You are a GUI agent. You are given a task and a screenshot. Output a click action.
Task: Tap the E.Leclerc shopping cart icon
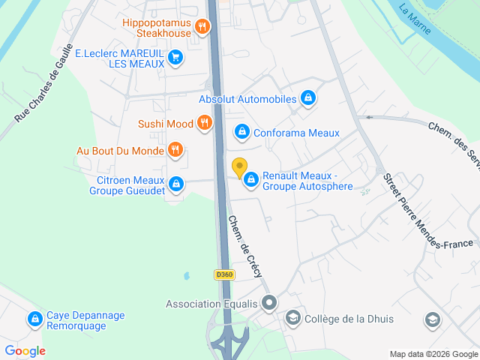(x=175, y=57)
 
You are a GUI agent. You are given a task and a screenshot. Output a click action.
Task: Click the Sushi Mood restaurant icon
(x=203, y=124)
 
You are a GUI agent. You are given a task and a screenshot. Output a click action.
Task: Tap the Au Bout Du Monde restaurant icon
(x=175, y=150)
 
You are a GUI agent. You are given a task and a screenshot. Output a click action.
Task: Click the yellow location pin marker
(x=239, y=168)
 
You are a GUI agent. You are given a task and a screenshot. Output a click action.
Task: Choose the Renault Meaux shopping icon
(x=250, y=180)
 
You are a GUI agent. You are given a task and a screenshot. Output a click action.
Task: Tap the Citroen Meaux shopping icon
(x=175, y=184)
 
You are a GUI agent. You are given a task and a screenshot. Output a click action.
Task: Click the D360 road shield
(x=224, y=275)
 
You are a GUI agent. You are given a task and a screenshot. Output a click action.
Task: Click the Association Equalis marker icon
(x=271, y=304)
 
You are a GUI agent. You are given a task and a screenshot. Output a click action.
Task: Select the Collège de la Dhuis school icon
(x=292, y=319)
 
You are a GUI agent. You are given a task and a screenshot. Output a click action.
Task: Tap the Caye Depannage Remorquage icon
(x=34, y=320)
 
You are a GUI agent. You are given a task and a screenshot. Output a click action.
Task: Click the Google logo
(x=25, y=351)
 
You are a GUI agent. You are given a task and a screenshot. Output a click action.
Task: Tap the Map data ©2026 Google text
(x=433, y=354)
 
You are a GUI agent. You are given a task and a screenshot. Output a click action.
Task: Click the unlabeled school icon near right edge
(x=432, y=320)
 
